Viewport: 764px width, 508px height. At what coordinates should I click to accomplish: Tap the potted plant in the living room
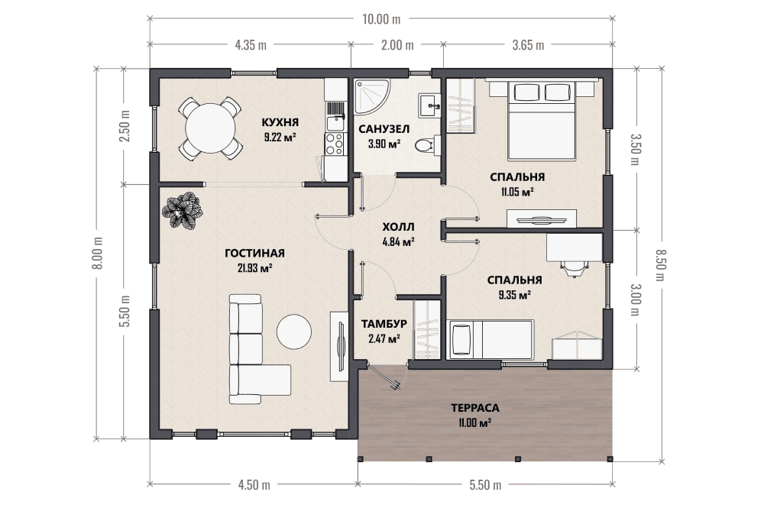(x=182, y=210)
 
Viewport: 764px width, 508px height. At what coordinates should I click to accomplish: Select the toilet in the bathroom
(x=424, y=145)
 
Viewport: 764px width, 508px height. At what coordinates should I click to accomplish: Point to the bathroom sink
(x=429, y=105)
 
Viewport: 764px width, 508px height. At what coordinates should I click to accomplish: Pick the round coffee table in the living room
(x=294, y=332)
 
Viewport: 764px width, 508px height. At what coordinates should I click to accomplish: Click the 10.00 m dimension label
(x=381, y=19)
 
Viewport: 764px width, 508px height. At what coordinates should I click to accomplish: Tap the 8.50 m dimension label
(x=660, y=265)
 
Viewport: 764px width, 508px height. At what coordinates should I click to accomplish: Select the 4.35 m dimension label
(x=251, y=45)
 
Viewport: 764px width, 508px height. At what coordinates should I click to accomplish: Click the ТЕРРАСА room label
(x=475, y=408)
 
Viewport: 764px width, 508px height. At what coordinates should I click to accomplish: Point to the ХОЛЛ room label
(x=398, y=227)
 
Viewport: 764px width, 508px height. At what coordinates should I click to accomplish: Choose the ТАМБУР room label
(x=384, y=324)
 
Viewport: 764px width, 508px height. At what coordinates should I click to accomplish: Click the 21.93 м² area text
(x=255, y=267)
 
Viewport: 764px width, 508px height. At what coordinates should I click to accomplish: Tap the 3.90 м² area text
(x=384, y=143)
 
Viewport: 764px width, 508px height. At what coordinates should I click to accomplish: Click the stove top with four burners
(x=335, y=144)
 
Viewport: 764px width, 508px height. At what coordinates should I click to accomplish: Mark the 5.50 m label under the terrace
(x=485, y=484)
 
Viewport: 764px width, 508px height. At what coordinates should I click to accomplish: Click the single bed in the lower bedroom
(x=490, y=339)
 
